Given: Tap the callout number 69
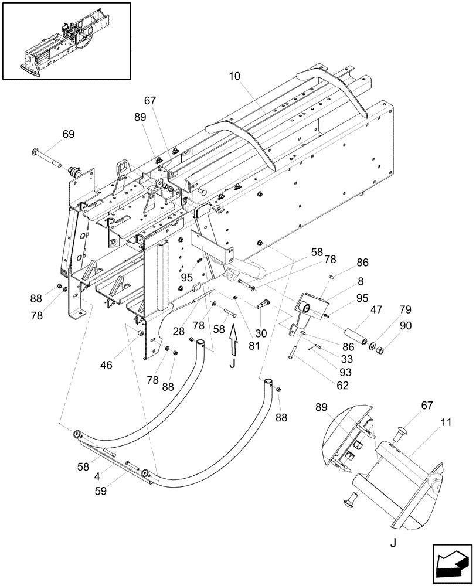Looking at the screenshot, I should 68,134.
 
